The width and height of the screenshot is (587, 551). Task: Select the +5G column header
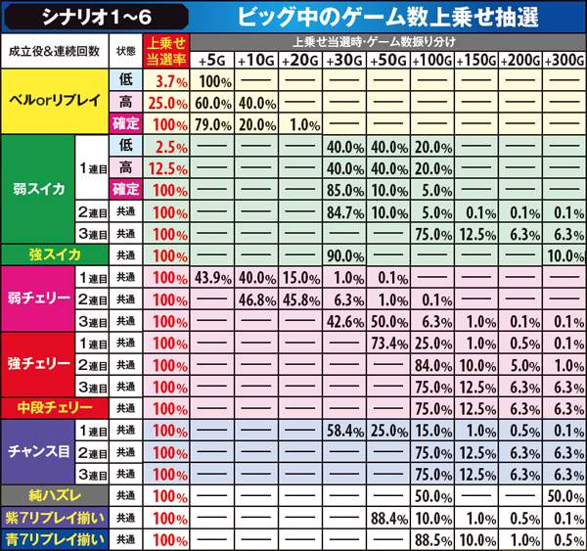213,61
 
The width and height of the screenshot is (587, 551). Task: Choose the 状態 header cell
125,51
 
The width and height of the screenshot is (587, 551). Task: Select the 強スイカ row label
55,254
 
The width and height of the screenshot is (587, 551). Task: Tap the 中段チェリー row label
55,407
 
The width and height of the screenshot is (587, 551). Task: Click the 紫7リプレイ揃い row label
55,518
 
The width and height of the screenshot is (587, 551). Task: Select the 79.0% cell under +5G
213,124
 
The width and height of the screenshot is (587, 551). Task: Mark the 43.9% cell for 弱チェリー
213,277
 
